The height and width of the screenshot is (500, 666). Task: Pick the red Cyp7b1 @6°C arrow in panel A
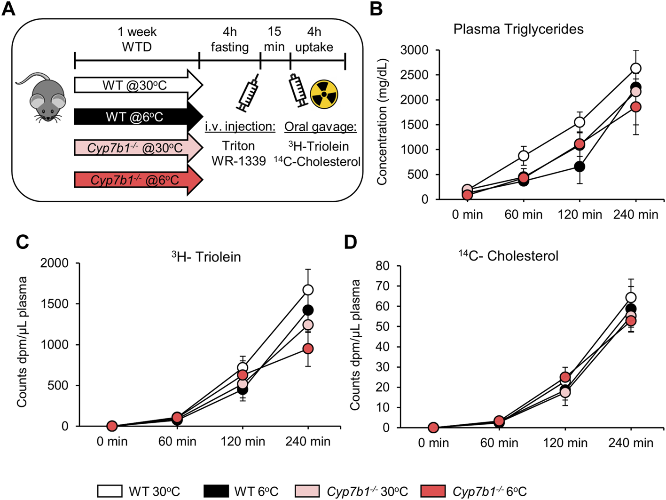[x=136, y=180]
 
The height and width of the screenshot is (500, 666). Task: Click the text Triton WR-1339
[x=239, y=153]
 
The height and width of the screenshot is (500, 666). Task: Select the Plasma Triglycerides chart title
[x=518, y=29]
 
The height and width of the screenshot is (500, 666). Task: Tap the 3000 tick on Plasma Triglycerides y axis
[x=414, y=50]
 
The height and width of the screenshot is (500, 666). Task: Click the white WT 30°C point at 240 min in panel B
[x=635, y=68]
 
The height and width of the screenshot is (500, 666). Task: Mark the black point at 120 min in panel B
[x=580, y=167]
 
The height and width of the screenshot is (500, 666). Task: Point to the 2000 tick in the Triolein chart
[x=61, y=263]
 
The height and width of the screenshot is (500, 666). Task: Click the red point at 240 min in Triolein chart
[x=308, y=349]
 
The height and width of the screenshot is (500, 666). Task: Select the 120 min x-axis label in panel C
[x=243, y=442]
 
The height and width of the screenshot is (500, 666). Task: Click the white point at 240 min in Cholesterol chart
[x=631, y=297]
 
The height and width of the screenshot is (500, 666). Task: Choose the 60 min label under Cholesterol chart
[x=499, y=443]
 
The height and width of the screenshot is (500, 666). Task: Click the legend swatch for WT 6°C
[x=216, y=491]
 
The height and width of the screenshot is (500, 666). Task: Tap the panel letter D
[x=351, y=242]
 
